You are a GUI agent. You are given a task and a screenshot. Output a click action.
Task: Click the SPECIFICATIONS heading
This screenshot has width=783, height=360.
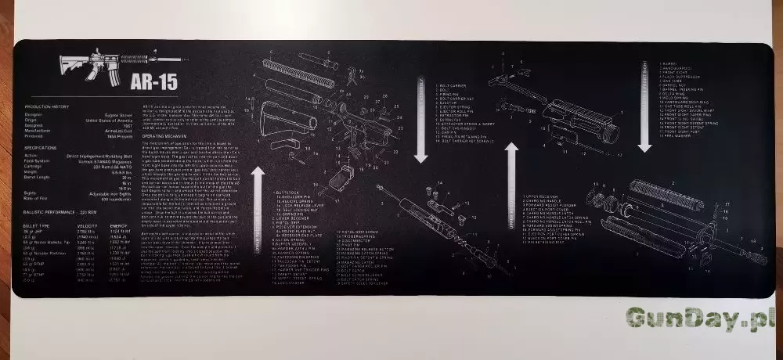[41, 147]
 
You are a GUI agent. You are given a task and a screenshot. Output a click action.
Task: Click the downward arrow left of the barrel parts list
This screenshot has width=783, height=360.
[644, 106]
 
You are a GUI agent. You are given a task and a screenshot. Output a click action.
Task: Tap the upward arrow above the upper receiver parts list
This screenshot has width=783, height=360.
[512, 184]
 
